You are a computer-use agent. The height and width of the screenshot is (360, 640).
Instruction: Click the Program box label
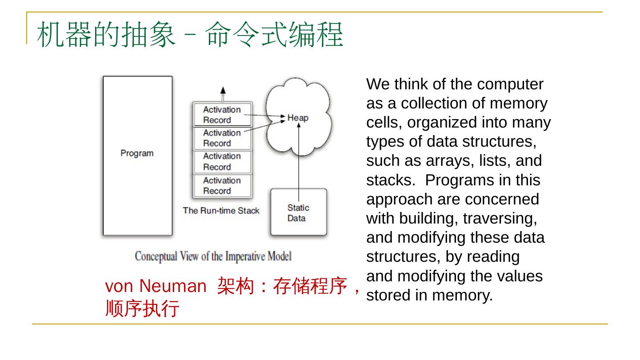click(137, 153)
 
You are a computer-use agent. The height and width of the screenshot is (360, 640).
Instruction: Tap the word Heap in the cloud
click(297, 118)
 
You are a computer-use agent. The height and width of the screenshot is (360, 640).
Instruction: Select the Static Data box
click(299, 212)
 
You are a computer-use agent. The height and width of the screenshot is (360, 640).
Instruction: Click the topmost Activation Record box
click(222, 115)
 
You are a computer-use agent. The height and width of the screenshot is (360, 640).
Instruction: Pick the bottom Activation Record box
click(222, 186)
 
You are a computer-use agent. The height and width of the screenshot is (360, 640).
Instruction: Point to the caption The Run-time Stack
click(221, 211)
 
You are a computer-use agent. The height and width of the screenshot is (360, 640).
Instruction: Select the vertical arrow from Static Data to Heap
click(299, 160)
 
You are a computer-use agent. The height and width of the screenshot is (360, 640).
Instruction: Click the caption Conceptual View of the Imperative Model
click(213, 256)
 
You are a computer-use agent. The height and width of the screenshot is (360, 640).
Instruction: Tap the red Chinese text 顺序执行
click(142, 308)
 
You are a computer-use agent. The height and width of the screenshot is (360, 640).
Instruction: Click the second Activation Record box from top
click(222, 138)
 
